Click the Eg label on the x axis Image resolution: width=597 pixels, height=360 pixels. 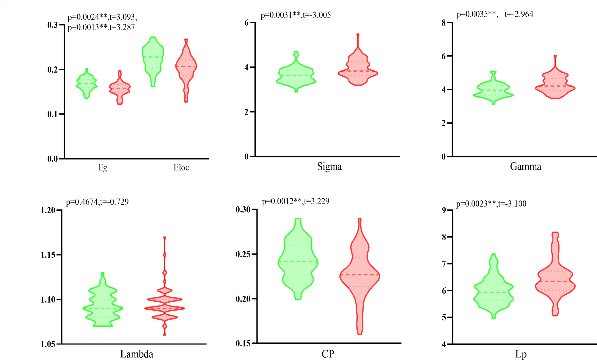pos(103,168)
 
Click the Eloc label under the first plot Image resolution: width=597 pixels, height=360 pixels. pos(181,168)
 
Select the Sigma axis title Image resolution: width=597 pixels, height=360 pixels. pos(329,166)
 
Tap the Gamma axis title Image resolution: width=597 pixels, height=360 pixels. pos(525,166)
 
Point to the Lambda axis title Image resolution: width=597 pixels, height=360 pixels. pos(136,354)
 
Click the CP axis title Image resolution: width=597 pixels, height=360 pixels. pos(328,354)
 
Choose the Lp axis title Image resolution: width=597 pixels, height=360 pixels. pos(521,354)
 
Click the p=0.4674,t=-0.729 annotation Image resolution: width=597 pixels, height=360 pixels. pos(97,202)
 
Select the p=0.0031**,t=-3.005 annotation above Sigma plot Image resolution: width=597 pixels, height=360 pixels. pos(296,15)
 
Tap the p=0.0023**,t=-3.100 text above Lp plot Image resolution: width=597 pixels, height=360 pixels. pos(491,204)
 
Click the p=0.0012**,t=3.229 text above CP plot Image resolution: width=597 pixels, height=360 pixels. pos(296,201)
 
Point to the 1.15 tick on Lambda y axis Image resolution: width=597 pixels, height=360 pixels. pos(48,255)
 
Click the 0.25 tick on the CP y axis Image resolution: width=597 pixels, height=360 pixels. pos(243,254)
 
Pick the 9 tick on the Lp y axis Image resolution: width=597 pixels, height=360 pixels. pos(444,210)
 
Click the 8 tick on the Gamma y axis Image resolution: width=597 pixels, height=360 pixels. pos(444,23)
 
